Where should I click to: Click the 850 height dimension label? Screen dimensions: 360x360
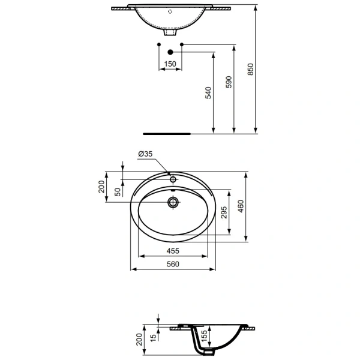coord(250,69)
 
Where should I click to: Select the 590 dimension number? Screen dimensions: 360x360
coord(229,82)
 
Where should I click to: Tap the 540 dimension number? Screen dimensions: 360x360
coord(208,93)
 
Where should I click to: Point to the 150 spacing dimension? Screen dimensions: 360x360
coord(170,64)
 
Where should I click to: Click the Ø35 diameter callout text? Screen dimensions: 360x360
coord(145,154)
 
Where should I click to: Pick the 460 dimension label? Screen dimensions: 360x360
coord(241,206)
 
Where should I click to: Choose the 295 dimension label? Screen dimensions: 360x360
coord(224,212)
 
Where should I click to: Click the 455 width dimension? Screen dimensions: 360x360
coord(173,251)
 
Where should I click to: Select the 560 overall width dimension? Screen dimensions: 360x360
coord(173,264)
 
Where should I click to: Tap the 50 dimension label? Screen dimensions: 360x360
coord(118,192)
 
